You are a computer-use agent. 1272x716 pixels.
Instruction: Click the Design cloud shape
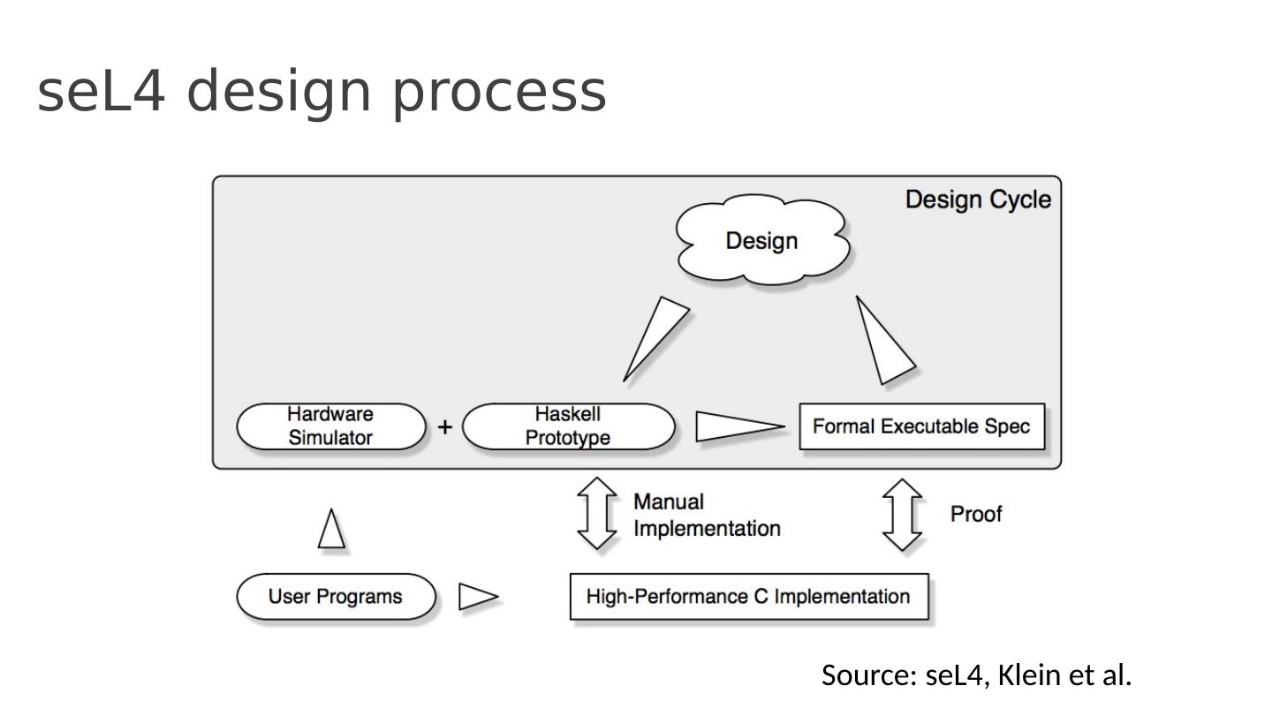pyautogui.click(x=762, y=240)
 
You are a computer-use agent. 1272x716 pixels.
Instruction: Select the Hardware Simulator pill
pyautogui.click(x=331, y=426)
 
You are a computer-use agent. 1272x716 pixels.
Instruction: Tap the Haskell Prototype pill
pyautogui.click(x=569, y=426)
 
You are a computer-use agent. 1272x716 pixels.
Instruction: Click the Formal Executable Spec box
pyautogui.click(x=921, y=426)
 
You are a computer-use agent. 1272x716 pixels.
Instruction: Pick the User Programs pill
pyautogui.click(x=337, y=597)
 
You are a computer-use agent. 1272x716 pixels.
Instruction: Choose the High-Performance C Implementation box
pyautogui.click(x=749, y=597)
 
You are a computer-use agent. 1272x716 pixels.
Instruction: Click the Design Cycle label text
pyautogui.click(x=978, y=200)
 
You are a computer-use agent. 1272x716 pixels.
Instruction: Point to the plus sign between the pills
pyautogui.click(x=445, y=426)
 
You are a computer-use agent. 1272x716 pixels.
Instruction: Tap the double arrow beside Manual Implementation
pyautogui.click(x=597, y=514)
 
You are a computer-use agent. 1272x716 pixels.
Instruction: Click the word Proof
pyautogui.click(x=976, y=514)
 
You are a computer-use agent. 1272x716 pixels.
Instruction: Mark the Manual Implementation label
pyautogui.click(x=707, y=516)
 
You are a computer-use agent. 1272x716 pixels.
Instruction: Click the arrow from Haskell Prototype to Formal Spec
pyautogui.click(x=740, y=426)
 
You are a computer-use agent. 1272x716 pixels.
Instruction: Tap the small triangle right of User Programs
pyautogui.click(x=478, y=597)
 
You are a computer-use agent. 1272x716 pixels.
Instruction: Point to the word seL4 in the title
pyautogui.click(x=101, y=92)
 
